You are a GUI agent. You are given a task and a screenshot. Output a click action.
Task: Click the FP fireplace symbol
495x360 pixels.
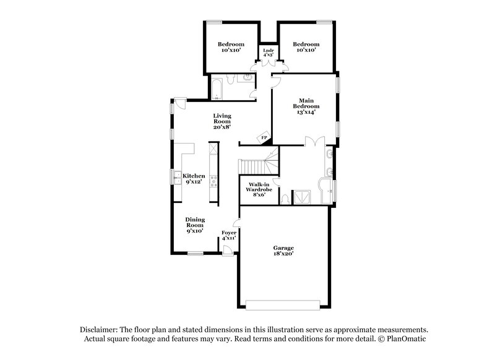pos(264,137)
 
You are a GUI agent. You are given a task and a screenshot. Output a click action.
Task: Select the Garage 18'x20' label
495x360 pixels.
pos(283,251)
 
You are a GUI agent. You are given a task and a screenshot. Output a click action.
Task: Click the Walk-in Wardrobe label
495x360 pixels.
pos(257,189)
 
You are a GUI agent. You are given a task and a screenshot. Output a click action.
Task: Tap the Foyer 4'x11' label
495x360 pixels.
pos(229,235)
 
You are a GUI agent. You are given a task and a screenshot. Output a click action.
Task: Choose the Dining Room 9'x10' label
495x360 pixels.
pos(196,225)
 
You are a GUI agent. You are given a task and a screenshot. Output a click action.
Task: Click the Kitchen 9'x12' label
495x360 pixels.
pos(194,179)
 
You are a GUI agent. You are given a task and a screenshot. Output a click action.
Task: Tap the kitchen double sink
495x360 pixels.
pos(176,177)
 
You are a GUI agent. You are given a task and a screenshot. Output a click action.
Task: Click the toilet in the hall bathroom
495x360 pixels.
pos(246,78)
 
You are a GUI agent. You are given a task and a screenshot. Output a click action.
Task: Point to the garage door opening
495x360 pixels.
pos(283,304)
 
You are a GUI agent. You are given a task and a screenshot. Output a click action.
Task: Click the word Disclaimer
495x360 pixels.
pos(98,330)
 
